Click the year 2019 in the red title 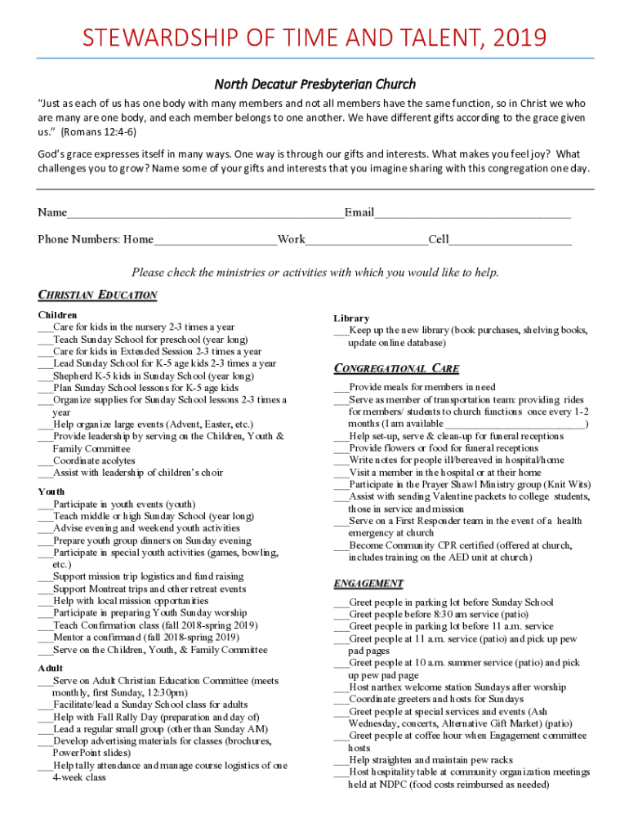[x=517, y=38]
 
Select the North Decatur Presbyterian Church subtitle [x=314, y=84]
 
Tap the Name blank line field [x=205, y=214]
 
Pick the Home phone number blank [x=215, y=240]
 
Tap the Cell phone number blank [x=511, y=240]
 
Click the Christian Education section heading [x=97, y=295]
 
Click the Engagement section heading [x=368, y=583]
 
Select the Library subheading [x=351, y=318]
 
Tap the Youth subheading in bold [x=51, y=491]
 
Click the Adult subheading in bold [x=51, y=668]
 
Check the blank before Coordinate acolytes [x=45, y=460]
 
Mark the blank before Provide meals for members [x=341, y=388]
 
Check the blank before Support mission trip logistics [x=45, y=576]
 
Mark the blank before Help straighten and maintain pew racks [x=341, y=760]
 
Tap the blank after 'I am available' [x=515, y=425]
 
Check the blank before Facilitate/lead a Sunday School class [x=45, y=705]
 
